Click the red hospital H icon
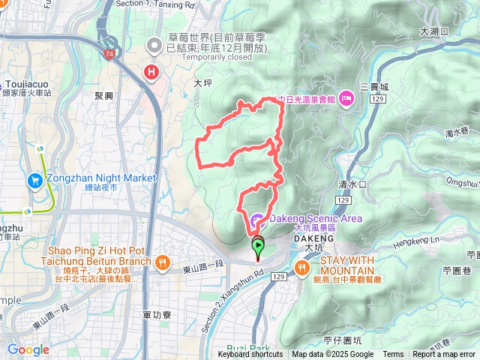click(152, 73)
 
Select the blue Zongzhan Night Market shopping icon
click(35, 180)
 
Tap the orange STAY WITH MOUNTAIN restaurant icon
click(303, 266)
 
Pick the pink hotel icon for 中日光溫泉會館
click(346, 98)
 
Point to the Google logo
click(28, 349)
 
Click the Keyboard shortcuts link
click(250, 355)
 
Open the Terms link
click(393, 355)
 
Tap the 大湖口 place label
click(434, 31)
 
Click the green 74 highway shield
click(110, 55)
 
